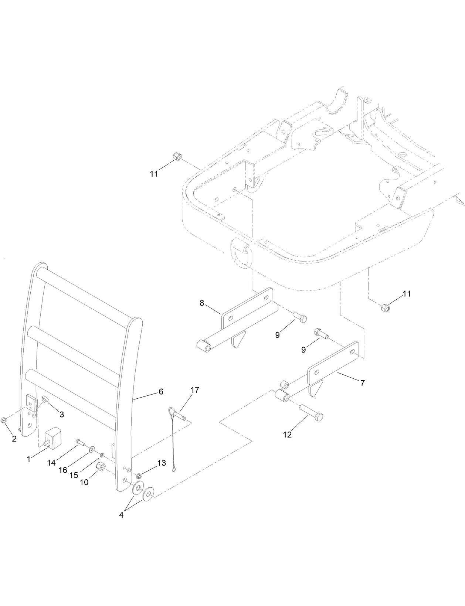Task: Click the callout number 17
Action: [195, 390]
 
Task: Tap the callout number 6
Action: [161, 392]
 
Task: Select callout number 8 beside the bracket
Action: [202, 303]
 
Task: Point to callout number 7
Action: [362, 384]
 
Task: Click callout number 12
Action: [287, 435]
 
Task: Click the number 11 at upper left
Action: [154, 174]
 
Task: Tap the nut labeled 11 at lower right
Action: [384, 307]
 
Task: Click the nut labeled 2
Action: [3, 420]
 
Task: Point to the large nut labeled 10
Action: [100, 467]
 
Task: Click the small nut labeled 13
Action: [139, 476]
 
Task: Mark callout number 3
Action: [62, 415]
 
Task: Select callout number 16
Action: [63, 470]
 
